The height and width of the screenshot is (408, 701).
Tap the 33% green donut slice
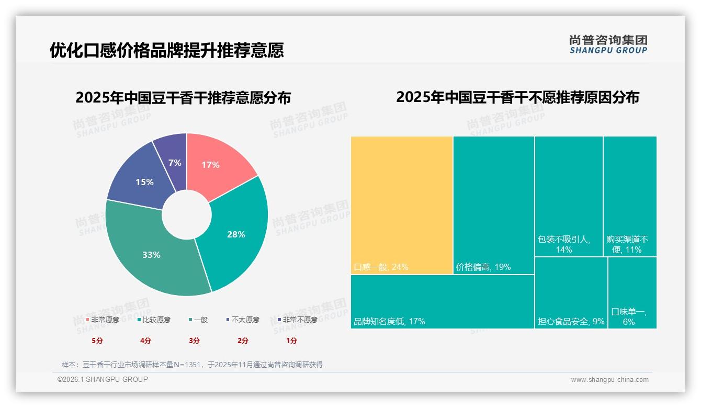pyautogui.click(x=152, y=255)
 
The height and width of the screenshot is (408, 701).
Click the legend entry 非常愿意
pyautogui.click(x=103, y=320)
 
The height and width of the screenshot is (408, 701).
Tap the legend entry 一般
pyautogui.click(x=198, y=320)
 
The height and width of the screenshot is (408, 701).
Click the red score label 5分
pyautogui.click(x=97, y=341)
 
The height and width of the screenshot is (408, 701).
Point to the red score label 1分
pyautogui.click(x=291, y=341)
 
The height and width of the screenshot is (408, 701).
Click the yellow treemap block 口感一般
pyautogui.click(x=401, y=205)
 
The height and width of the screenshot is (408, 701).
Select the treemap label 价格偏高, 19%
pyautogui.click(x=483, y=267)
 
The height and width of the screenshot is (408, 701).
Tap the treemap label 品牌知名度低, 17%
pyautogui.click(x=389, y=321)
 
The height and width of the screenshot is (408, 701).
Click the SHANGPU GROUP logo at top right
pyautogui.click(x=608, y=44)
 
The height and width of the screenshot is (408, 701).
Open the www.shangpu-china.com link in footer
pyautogui.click(x=609, y=379)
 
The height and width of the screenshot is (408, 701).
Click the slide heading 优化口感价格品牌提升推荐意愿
pyautogui.click(x=167, y=50)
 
